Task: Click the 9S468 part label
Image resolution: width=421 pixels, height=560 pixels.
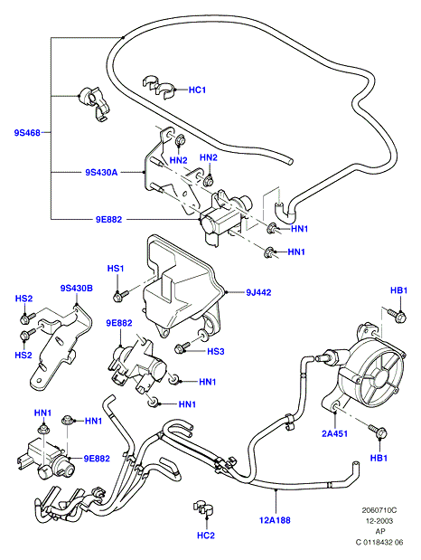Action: [x=27, y=133]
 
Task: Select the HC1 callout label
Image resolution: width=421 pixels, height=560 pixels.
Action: [x=197, y=90]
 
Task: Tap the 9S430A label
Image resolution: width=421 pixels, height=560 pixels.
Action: [x=101, y=173]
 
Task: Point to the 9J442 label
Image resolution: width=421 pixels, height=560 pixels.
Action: [x=258, y=292]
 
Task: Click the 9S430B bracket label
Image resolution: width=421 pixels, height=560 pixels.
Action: [x=77, y=288]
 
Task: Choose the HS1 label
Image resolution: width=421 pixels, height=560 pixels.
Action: [x=116, y=268]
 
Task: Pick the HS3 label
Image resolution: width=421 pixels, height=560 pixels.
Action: [x=216, y=351]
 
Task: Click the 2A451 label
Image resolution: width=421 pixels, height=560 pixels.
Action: [x=334, y=433]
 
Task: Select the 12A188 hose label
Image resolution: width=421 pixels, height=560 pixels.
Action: [x=275, y=520]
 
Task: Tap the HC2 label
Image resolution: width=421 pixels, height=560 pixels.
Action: [x=206, y=536]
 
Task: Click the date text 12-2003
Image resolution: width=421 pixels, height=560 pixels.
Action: [x=379, y=521]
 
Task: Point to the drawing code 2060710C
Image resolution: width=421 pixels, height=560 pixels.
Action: [x=379, y=510]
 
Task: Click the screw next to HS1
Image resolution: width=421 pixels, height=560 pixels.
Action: [x=121, y=295]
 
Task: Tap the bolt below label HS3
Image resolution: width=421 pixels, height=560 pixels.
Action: [x=182, y=347]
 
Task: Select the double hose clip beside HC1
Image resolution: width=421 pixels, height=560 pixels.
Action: [x=159, y=87]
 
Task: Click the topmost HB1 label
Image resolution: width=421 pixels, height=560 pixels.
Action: [x=398, y=290]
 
